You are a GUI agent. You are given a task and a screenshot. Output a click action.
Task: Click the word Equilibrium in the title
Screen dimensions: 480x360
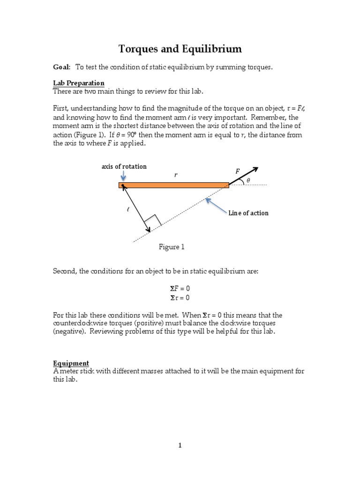point(211,49)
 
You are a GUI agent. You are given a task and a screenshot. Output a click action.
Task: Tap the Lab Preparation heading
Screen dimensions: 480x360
point(78,83)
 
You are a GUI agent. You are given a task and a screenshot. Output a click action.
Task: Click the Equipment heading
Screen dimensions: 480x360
point(71,363)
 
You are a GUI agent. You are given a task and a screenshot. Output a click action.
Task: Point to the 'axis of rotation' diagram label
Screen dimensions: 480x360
point(124,166)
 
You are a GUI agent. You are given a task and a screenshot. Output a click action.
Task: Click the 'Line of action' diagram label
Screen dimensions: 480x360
point(248,213)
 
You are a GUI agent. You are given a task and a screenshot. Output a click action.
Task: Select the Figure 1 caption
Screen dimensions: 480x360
point(172,247)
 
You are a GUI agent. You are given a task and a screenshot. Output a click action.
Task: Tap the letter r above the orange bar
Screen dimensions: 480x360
point(176,175)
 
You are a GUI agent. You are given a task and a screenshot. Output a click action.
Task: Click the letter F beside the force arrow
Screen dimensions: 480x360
point(237,172)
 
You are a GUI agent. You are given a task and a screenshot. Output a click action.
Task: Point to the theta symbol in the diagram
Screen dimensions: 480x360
point(248,180)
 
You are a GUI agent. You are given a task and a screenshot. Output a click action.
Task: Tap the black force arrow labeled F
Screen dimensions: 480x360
point(244,176)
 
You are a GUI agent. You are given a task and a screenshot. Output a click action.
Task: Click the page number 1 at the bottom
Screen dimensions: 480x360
point(180,446)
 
